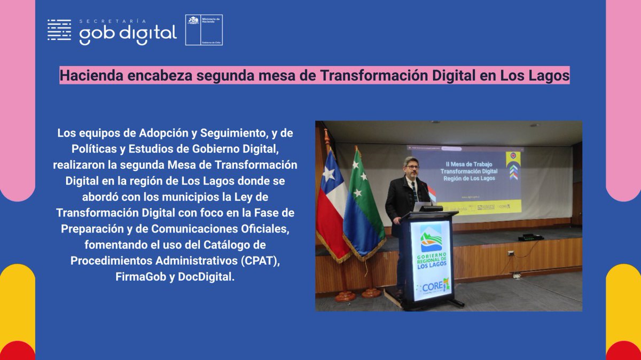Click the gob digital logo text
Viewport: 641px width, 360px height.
pos(128,35)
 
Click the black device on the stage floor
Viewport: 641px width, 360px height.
pos(530,237)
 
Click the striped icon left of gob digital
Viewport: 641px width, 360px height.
pos(59,30)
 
